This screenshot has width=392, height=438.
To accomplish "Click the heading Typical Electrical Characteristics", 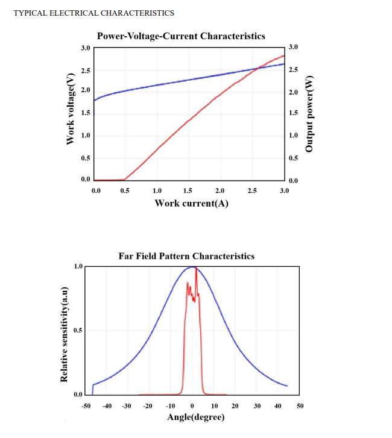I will point(93,13).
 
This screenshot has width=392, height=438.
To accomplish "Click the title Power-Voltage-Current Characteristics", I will point(181,36).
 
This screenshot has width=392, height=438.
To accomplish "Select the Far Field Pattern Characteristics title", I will point(187,256).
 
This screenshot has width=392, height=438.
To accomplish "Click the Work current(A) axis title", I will point(191,202).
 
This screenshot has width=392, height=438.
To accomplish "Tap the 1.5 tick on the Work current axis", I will point(188,190).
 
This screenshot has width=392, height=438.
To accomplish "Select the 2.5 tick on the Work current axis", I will point(252,190).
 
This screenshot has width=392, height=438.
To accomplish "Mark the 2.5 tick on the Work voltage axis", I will point(86,71).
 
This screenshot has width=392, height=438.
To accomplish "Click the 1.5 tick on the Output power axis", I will point(293,113).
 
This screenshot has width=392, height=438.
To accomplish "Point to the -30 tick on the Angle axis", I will point(127,407).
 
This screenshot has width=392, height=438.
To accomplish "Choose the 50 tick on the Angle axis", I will point(300,407).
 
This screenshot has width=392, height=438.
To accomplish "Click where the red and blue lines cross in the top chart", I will point(257,69).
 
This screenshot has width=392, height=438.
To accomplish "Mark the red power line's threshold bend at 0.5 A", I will point(125,180).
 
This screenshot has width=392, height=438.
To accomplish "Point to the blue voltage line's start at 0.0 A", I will point(95,99).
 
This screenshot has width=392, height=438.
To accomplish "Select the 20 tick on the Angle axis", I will point(235,407).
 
